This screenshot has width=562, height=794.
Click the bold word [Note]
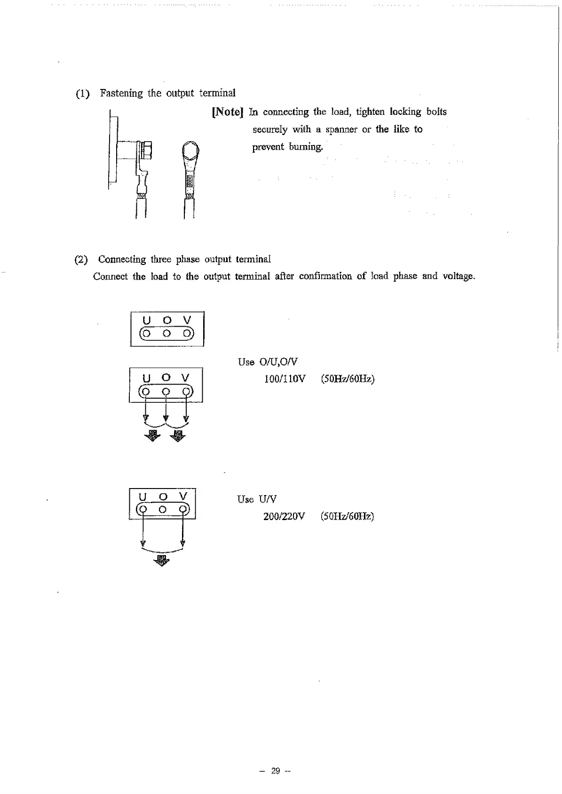[228, 112]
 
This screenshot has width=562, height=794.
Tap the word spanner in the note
[341, 130]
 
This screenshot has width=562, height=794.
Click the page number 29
[276, 771]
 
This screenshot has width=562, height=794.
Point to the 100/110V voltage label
[285, 379]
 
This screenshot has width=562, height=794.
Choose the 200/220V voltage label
[284, 516]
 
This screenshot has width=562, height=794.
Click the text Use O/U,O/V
[268, 362]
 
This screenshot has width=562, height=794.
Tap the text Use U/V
[257, 499]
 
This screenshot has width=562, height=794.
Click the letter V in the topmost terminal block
[187, 321]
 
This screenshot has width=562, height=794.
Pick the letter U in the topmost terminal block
[146, 321]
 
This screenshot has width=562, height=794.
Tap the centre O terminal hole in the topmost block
[166, 334]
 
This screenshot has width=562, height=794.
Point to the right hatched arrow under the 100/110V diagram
[178, 435]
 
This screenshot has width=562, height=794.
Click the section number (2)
[81, 260]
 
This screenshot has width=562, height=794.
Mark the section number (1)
[83, 94]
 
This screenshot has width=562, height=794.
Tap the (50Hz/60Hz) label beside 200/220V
[347, 516]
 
